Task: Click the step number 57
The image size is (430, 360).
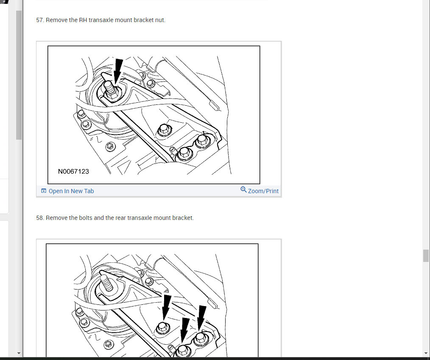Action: click(40, 20)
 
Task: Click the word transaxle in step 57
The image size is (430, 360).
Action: click(101, 20)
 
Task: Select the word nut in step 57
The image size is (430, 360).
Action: click(160, 20)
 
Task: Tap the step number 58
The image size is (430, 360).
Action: click(40, 218)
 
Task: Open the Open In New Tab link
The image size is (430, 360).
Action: click(71, 191)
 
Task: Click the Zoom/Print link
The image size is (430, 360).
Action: click(263, 191)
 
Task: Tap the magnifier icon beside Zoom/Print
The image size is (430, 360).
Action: click(243, 190)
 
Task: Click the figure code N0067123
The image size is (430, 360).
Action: click(73, 172)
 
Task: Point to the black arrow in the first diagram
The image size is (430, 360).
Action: click(118, 71)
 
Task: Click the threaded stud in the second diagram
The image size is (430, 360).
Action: click(107, 283)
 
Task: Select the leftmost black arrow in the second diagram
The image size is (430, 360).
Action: click(166, 307)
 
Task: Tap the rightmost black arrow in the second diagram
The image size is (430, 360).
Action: click(201, 318)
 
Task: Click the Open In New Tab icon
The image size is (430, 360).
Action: click(44, 191)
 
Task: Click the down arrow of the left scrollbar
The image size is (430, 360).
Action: click(19, 353)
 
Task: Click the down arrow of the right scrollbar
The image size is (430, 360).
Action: click(426, 353)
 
